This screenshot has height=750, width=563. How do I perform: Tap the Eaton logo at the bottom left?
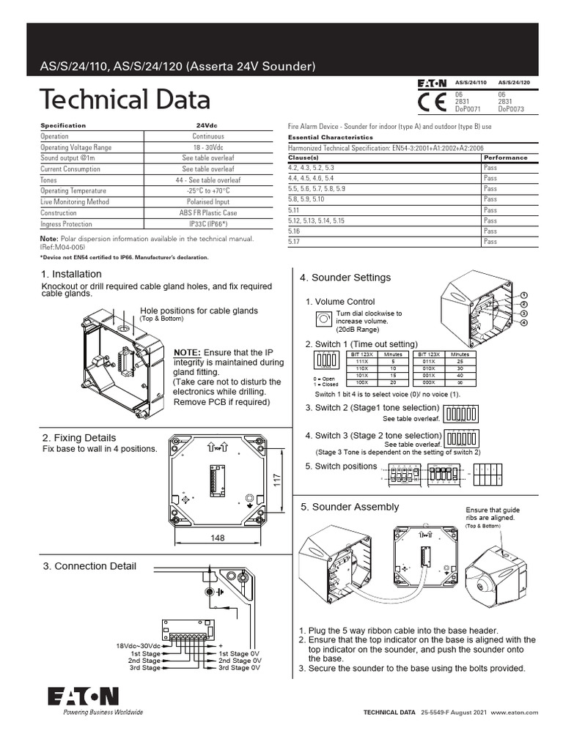[83, 696]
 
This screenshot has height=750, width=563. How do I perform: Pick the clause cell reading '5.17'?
[295, 242]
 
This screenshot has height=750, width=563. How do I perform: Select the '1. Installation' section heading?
[72, 275]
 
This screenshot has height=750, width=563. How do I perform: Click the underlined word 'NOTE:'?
[186, 353]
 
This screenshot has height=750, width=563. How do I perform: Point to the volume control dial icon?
[322, 319]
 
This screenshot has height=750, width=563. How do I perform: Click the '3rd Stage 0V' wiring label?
[239, 668]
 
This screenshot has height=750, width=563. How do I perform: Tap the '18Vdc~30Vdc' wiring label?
[138, 645]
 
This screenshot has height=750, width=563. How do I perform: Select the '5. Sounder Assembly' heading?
[350, 507]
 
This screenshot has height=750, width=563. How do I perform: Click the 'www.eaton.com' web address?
[515, 712]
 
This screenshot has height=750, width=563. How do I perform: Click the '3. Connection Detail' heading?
[89, 566]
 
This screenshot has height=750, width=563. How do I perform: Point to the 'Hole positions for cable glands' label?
[199, 311]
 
